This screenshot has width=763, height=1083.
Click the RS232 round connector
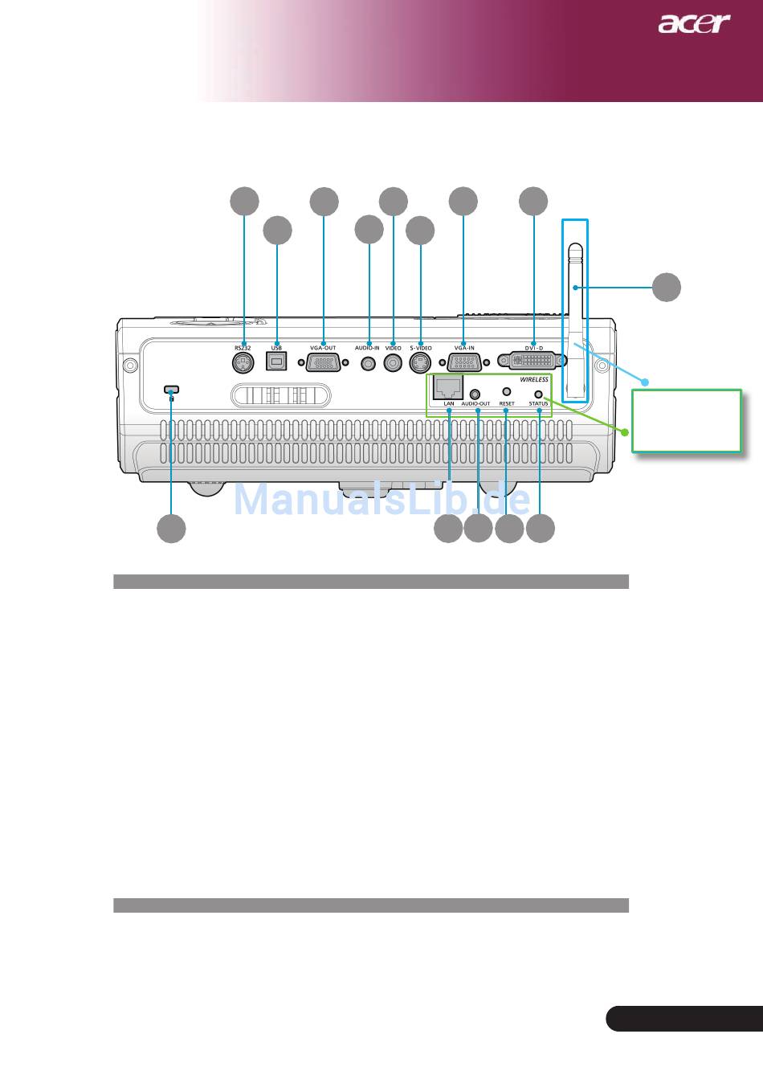(242, 363)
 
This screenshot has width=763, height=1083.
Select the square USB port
(276, 363)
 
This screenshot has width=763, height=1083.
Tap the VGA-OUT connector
(323, 363)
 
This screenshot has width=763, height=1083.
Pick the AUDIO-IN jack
(369, 363)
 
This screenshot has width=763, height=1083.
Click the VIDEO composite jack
(393, 363)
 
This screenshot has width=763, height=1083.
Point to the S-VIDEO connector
(420, 363)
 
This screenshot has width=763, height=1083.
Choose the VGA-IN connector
(463, 363)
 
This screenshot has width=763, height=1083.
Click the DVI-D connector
(532, 362)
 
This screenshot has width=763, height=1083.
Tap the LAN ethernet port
(447, 387)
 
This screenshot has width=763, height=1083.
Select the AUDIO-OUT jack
(476, 394)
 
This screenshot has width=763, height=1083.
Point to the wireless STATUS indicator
(539, 393)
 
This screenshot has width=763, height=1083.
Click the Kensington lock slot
(170, 390)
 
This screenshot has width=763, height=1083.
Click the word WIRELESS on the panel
(534, 379)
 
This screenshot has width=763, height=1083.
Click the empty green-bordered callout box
(686, 421)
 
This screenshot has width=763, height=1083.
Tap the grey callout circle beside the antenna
(666, 287)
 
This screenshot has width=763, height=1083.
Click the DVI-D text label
(534, 348)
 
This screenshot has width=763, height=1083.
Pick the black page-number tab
(683, 1017)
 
